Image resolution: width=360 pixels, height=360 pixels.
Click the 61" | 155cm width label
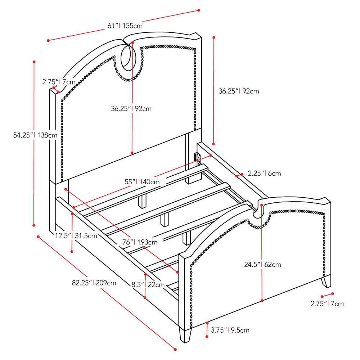tap(125, 26)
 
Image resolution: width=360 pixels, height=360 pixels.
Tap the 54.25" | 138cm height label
tap(35, 135)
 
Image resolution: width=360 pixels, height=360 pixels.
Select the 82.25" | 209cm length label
tap(94, 283)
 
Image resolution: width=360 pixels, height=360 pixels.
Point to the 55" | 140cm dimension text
tap(142, 181)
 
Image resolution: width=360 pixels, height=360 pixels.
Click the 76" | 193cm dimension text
tap(140, 242)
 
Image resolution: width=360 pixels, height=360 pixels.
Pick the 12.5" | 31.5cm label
tap(76, 235)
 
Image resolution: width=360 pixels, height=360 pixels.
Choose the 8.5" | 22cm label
tap(148, 284)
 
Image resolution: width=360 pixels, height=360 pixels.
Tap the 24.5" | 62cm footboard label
tap(262, 265)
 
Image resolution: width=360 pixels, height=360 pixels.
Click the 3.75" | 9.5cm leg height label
tap(230, 330)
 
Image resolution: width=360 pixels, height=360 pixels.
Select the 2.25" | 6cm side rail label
tap(264, 173)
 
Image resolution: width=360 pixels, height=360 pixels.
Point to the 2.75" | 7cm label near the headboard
tap(59, 82)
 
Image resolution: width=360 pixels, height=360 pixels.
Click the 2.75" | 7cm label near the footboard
tap(327, 304)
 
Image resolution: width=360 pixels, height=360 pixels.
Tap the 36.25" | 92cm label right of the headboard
tap(239, 91)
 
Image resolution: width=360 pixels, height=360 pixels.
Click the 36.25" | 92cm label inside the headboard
tap(131, 108)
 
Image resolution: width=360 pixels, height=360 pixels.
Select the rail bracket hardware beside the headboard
tap(197, 158)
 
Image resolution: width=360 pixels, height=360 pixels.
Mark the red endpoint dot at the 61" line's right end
tap(199, 10)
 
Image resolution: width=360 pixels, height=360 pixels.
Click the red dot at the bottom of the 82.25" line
tap(175, 350)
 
